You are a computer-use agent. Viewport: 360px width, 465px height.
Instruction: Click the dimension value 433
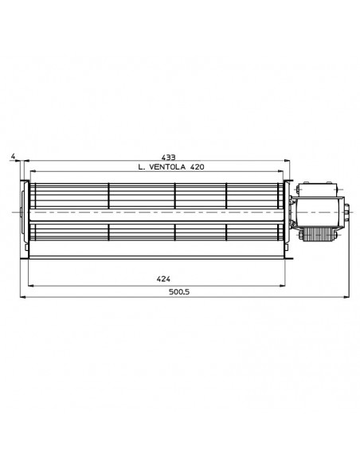[168, 158]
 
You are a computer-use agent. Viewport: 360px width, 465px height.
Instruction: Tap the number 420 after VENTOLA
[197, 167]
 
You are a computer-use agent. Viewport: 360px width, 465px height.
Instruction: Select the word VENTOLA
[167, 167]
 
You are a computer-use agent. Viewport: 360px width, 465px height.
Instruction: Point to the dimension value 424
[163, 279]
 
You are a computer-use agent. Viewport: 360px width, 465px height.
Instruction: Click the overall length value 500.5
[179, 291]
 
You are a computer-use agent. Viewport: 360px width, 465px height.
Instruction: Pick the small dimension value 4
[13, 156]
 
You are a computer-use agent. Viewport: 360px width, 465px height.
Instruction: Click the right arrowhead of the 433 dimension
[287, 161]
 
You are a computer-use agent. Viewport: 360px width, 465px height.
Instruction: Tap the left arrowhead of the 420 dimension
[33, 171]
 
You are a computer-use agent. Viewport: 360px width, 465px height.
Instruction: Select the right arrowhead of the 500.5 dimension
[346, 297]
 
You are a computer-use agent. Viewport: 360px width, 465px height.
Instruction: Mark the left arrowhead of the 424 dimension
[31, 286]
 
